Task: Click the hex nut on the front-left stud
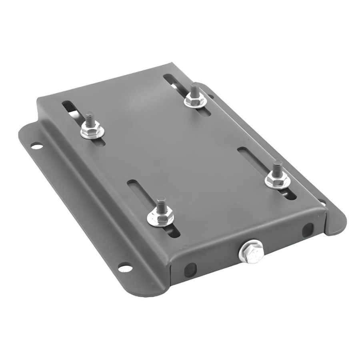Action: pos(160,217)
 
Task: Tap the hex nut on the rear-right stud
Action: pos(195,100)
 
